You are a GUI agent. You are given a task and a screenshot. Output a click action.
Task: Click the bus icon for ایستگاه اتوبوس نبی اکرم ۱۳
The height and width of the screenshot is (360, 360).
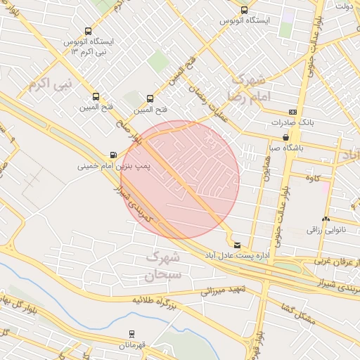(88, 32)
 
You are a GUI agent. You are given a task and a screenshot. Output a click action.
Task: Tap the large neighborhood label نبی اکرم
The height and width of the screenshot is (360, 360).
(51, 85)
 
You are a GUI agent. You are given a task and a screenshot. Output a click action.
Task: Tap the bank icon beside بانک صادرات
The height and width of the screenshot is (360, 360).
(292, 112)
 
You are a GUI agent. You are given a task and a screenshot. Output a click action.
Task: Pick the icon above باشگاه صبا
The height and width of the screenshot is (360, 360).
(285, 137)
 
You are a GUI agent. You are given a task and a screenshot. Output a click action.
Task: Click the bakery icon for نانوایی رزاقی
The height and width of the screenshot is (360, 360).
(326, 219)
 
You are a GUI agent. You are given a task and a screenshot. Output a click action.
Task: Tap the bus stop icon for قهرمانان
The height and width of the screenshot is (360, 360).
(131, 334)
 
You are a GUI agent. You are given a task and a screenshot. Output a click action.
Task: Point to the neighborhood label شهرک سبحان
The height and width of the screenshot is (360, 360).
(163, 266)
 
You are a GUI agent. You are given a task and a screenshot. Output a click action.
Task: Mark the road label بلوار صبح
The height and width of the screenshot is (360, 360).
(129, 133)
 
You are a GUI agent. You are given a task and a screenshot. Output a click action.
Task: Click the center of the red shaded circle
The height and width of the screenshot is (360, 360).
(181, 180)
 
